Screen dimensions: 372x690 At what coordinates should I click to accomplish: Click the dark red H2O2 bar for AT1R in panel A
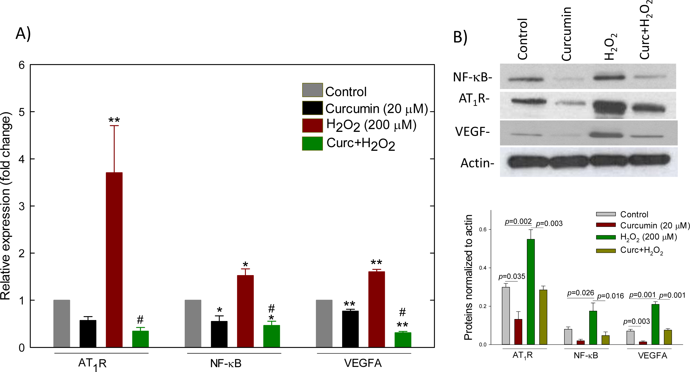tap(114, 260)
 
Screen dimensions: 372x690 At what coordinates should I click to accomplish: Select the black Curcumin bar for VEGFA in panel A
tap(350, 329)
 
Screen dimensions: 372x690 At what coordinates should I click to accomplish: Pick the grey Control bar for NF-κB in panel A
tap(193, 324)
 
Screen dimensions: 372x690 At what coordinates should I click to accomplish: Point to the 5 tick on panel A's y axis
tap(21, 112)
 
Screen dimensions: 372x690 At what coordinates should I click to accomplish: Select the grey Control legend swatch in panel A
tap(312, 90)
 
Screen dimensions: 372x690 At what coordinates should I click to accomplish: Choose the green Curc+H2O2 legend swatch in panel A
tap(312, 144)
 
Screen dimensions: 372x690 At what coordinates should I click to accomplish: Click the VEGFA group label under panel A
tap(363, 363)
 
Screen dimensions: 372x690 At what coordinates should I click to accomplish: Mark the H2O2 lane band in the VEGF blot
tap(606, 135)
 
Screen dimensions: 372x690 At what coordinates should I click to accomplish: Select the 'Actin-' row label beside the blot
tap(477, 163)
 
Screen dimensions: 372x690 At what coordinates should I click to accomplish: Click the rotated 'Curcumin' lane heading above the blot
tap(566, 34)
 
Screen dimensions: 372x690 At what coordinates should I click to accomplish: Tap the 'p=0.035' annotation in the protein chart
tap(512, 277)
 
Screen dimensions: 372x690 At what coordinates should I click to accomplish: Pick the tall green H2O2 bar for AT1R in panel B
tap(531, 292)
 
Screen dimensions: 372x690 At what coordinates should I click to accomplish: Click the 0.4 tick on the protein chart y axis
tap(483, 268)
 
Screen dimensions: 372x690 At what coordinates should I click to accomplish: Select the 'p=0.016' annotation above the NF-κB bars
tap(611, 296)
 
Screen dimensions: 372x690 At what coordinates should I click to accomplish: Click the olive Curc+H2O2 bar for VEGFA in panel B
tap(668, 337)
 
